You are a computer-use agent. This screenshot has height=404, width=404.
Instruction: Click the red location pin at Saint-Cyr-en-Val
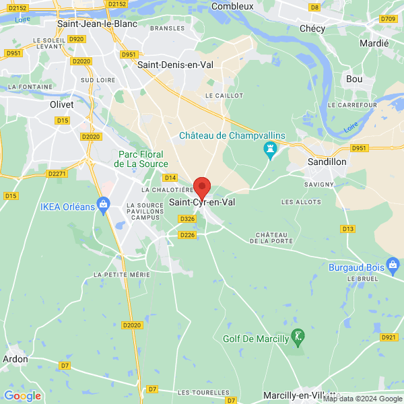(202, 187)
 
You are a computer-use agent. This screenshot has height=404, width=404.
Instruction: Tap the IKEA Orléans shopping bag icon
(103, 203)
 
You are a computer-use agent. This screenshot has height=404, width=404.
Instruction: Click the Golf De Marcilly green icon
(298, 335)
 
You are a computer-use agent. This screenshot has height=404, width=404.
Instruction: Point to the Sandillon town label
(327, 162)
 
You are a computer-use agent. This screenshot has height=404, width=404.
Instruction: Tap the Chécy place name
(312, 28)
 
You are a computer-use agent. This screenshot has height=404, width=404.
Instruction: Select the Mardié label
(375, 43)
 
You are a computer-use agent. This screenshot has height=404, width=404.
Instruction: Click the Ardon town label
(16, 359)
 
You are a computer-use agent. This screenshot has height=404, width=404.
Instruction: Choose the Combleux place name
(232, 6)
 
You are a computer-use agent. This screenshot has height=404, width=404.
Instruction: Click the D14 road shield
(170, 178)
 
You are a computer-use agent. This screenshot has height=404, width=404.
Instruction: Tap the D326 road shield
(187, 219)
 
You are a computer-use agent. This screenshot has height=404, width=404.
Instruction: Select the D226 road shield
(187, 234)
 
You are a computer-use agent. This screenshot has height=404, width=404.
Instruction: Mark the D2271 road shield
(58, 174)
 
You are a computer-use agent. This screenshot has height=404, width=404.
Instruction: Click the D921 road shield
(389, 337)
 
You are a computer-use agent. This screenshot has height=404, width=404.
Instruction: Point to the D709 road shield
(388, 19)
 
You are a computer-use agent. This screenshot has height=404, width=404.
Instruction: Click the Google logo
(23, 395)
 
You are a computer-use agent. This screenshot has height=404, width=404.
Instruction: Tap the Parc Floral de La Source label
(137, 158)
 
